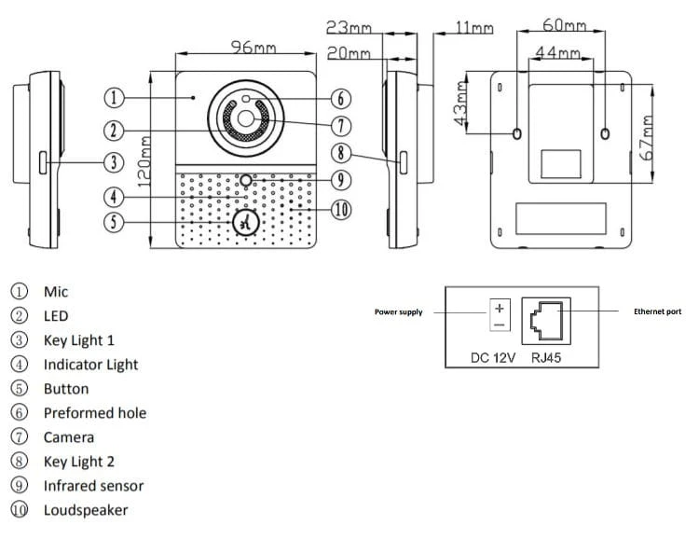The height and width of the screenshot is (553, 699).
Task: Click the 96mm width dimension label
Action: pyautogui.click(x=254, y=48)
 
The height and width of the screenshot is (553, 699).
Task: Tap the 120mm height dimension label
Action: pyautogui.click(x=144, y=161)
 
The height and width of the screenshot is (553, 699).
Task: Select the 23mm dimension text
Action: pyautogui.click(x=349, y=28)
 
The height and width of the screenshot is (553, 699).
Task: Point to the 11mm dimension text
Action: pyautogui.click(x=474, y=28)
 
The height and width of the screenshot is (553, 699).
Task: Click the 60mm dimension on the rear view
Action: pyautogui.click(x=565, y=25)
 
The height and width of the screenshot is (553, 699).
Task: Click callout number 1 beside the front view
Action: pyautogui.click(x=114, y=98)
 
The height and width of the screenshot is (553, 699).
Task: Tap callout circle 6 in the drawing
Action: pyautogui.click(x=341, y=99)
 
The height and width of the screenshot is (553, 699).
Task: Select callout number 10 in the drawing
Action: pyautogui.click(x=341, y=209)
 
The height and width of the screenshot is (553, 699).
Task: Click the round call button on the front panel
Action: pyautogui.click(x=246, y=223)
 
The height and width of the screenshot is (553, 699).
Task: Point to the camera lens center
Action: pyautogui.click(x=246, y=118)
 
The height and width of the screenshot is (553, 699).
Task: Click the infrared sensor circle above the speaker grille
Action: pyautogui.click(x=246, y=180)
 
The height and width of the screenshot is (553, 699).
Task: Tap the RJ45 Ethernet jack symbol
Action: pyautogui.click(x=546, y=321)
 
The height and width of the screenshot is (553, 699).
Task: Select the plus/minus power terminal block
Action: pyautogui.click(x=500, y=315)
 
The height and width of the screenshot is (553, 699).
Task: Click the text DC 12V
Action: pyautogui.click(x=493, y=358)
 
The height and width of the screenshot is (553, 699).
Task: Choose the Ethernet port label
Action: pyautogui.click(x=658, y=311)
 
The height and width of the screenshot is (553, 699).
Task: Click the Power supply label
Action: pyautogui.click(x=399, y=311)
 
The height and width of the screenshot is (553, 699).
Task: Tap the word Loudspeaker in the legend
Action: pyautogui.click(x=86, y=510)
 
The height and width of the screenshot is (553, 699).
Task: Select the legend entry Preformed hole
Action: pyautogui.click(x=95, y=412)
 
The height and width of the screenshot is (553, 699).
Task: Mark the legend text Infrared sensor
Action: pyautogui.click(x=93, y=486)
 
